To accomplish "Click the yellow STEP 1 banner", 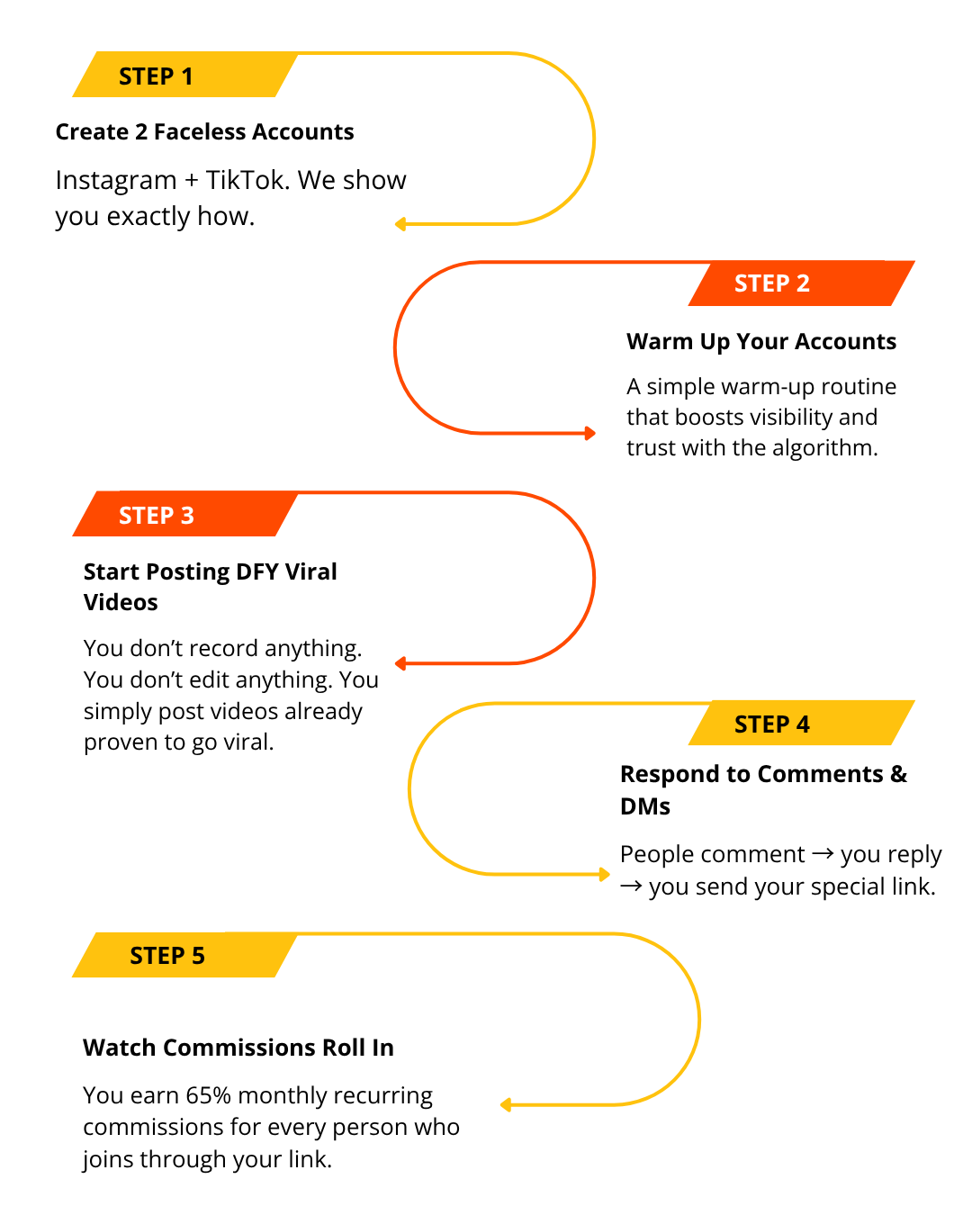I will pos(184,76).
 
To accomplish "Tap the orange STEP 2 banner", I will pos(801,283).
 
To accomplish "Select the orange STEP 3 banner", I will pos(184,515).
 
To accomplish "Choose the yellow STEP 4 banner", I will pos(801,724).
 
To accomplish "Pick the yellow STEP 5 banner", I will pos(184,955).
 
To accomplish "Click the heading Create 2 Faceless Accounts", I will pos(204,132).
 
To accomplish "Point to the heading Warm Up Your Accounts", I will pos(761,342).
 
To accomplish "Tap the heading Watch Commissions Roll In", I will pos(238,1048).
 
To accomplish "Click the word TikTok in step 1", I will pos(246,180).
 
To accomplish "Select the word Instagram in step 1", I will pos(116,181).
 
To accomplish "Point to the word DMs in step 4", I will pos(645,806).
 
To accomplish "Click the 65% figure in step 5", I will pos(208,1095).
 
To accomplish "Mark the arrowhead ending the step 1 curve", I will pos(400,224).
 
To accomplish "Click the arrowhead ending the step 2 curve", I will pos(590,433).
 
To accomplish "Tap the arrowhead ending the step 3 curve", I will pos(400,664).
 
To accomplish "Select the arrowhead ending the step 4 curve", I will pos(606,874).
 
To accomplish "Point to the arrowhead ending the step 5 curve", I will pos(505,1104).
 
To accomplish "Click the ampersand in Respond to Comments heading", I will pos(898,774).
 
